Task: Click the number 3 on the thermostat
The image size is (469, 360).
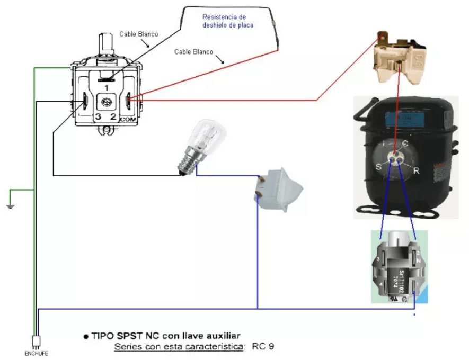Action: [x=98, y=116]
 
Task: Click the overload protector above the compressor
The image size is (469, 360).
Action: [x=401, y=59]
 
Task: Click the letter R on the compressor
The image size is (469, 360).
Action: [x=417, y=171]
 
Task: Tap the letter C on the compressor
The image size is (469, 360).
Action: [x=404, y=143]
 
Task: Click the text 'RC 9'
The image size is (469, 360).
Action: [x=263, y=347]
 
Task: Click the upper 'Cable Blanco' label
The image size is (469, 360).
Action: [x=138, y=34]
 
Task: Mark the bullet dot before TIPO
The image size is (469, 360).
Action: [x=86, y=337]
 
